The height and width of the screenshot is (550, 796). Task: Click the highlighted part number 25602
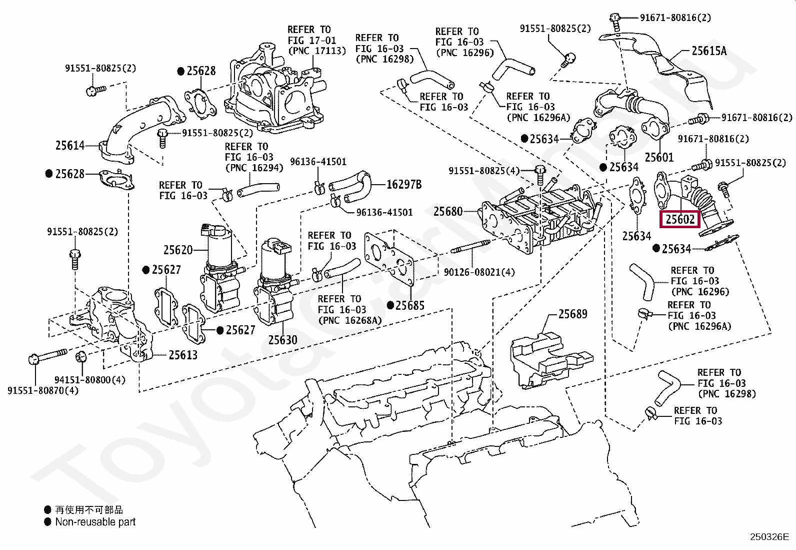click(x=680, y=219)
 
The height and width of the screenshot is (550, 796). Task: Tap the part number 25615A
click(x=709, y=51)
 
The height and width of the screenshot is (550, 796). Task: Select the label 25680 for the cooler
click(x=448, y=212)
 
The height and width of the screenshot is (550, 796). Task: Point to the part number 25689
click(x=573, y=314)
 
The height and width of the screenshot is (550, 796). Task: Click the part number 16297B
click(x=404, y=184)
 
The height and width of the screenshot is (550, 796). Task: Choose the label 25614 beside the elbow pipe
click(x=70, y=145)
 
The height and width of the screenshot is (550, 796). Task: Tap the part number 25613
click(x=183, y=355)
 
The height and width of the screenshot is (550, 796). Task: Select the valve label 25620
click(x=177, y=250)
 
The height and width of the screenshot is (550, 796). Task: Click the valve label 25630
click(x=282, y=340)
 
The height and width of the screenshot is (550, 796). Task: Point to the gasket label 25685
click(x=409, y=305)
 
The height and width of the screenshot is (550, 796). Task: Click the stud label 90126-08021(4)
click(x=479, y=272)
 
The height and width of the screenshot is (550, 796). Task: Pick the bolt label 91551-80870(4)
click(x=43, y=390)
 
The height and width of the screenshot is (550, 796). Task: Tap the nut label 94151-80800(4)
click(x=90, y=379)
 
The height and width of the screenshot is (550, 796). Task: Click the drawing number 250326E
click(x=769, y=537)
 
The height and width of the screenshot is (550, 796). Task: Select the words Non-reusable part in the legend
click(x=95, y=522)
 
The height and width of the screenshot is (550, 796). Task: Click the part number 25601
click(x=659, y=157)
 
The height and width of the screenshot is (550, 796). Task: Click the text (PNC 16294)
click(x=254, y=168)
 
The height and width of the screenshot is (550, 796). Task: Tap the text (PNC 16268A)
click(x=350, y=320)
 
